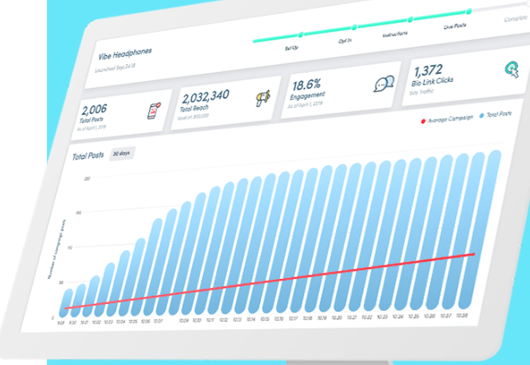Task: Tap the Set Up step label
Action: [x=291, y=48]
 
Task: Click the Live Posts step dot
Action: [x=469, y=11]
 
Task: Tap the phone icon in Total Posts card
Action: [x=154, y=111]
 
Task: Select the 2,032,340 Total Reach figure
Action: [x=205, y=96]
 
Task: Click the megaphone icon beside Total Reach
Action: [x=263, y=98]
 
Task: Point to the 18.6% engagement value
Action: [x=306, y=85]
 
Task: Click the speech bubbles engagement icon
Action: [x=384, y=84]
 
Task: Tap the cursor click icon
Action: [x=511, y=69]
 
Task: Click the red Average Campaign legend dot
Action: [x=423, y=121]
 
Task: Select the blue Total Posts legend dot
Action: [x=482, y=115]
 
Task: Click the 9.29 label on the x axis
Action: [x=62, y=322]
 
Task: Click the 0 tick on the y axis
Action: [x=52, y=318]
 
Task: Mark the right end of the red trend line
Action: [x=474, y=254]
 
